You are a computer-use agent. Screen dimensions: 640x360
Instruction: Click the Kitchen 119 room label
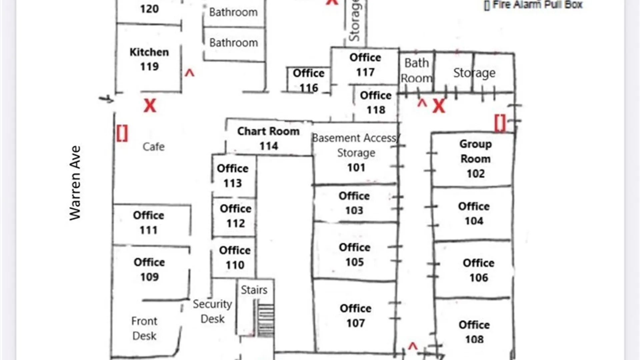coord(149,59)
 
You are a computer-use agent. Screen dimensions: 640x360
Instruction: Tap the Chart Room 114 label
coord(268,139)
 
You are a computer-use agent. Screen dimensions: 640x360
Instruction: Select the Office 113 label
coord(233,176)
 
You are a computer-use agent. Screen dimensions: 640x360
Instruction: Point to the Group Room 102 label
coord(475,159)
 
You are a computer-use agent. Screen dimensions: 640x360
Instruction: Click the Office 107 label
coord(356,316)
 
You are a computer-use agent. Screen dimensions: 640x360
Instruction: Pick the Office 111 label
coord(148,223)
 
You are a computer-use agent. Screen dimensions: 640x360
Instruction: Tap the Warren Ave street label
coord(75,183)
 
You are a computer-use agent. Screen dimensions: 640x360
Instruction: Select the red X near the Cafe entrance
coord(150,106)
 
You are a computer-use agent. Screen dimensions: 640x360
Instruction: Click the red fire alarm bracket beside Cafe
coord(122,133)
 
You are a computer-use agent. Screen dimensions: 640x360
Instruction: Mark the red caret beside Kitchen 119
coord(189,73)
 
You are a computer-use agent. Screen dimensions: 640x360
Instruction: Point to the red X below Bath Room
coord(439,106)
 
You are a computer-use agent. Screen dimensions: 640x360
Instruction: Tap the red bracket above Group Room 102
coord(500,123)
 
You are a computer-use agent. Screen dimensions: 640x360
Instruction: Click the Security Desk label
coord(212,311)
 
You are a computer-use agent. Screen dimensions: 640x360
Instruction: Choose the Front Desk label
coord(144,328)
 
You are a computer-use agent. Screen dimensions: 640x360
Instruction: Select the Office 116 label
coord(309,80)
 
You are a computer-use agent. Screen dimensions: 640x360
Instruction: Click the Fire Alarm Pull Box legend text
coord(533,5)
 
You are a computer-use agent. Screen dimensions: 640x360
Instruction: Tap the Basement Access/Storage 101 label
coord(356,153)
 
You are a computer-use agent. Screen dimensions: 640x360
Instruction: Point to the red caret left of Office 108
coord(413,347)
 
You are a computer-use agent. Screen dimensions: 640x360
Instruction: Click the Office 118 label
coord(376,102)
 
